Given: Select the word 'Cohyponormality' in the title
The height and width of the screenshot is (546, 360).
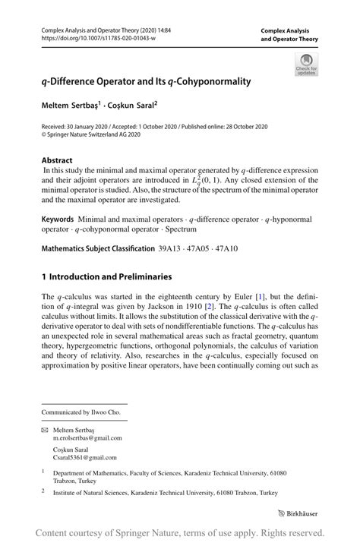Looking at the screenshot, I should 207,79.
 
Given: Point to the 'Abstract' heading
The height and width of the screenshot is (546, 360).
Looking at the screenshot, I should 58,160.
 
